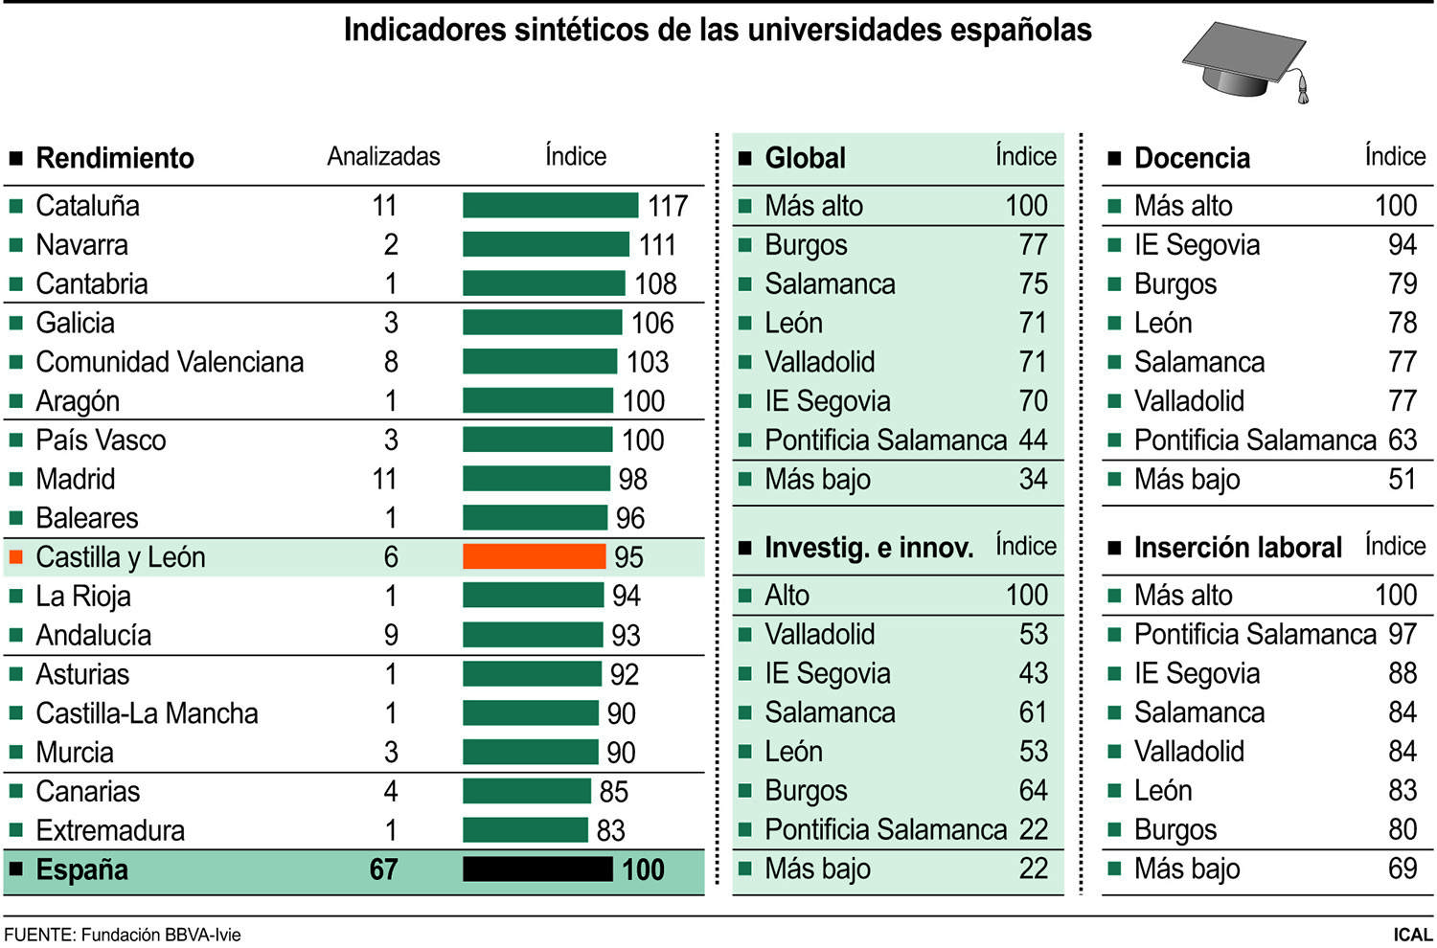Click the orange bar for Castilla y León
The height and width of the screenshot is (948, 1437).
click(534, 556)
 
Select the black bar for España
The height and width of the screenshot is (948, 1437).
click(537, 869)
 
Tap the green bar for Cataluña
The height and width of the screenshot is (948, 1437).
click(550, 205)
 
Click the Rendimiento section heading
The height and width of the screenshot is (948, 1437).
click(115, 158)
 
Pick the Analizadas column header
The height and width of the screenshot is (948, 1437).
click(383, 156)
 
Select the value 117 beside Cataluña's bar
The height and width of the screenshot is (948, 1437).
click(668, 206)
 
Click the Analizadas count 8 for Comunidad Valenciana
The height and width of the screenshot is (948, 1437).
click(391, 362)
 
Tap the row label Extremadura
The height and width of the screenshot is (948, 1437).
click(110, 830)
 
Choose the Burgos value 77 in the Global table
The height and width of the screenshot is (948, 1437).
click(1033, 245)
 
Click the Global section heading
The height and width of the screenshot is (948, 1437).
click(805, 158)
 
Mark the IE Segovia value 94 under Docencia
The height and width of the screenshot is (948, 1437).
click(1402, 245)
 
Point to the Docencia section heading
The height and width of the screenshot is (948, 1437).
click(1192, 158)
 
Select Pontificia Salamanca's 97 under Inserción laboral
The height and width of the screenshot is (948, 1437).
click(1402, 634)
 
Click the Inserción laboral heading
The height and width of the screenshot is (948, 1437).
click(1238, 548)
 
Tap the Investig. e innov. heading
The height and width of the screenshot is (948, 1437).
click(868, 548)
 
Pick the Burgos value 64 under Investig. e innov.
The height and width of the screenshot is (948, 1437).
click(1033, 791)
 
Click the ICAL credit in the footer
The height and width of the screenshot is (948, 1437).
click(1412, 935)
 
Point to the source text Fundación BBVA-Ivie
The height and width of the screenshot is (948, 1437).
click(161, 935)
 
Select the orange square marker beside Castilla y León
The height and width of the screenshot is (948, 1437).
click(15, 556)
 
